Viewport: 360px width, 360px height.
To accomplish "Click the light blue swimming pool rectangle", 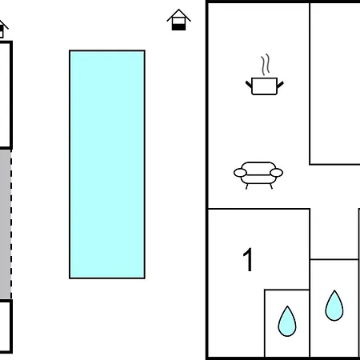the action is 107,164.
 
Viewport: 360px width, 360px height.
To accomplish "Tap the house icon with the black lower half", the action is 178,20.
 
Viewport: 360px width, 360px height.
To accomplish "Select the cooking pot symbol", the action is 265,86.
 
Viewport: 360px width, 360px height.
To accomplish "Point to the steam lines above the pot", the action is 266,65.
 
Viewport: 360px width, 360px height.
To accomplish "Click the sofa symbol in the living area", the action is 258,175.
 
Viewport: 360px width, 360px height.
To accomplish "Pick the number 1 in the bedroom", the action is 248,259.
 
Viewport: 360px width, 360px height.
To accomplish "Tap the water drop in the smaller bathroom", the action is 287,322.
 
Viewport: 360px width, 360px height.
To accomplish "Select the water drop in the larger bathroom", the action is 334,306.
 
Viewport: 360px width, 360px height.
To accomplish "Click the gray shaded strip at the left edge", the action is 6,224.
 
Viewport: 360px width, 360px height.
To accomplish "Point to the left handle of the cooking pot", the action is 249,85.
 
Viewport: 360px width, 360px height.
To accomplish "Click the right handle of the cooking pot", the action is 280,85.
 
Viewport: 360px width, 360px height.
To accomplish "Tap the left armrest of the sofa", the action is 240,173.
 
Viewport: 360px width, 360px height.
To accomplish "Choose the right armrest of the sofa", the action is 276,173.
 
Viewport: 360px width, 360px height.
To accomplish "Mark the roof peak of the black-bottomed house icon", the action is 178,10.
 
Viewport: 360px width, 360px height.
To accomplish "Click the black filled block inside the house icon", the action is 178,27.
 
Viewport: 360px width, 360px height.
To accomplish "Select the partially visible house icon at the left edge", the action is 2,29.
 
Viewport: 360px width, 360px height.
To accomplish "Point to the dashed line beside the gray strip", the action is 11,224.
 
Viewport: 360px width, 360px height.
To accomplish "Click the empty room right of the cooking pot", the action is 335,83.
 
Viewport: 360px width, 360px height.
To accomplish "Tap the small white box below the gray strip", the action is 6,326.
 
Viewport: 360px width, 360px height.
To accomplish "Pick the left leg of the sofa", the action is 247,186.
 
